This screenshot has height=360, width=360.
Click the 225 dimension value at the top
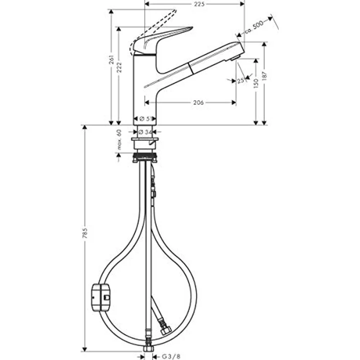(198, 4)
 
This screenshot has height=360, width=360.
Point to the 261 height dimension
(112, 61)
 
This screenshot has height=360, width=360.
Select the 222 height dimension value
(120, 70)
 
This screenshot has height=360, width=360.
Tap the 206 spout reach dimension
(198, 103)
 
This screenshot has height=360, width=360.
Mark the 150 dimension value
(255, 85)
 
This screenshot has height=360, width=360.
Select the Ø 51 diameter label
(144, 118)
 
